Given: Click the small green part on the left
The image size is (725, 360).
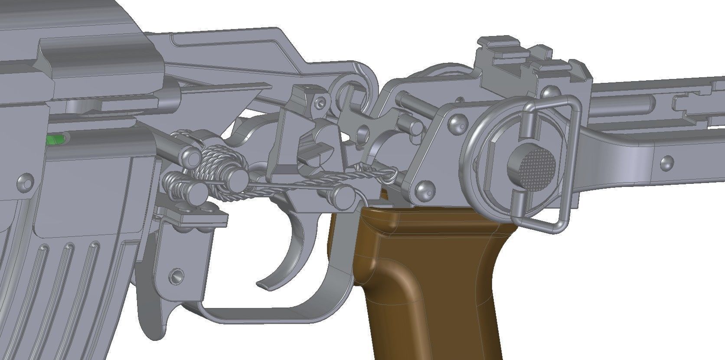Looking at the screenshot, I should tap(54, 140).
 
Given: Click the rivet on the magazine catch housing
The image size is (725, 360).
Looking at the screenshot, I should tap(176, 275).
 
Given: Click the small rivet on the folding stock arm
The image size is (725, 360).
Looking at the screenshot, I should tap(666, 163).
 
